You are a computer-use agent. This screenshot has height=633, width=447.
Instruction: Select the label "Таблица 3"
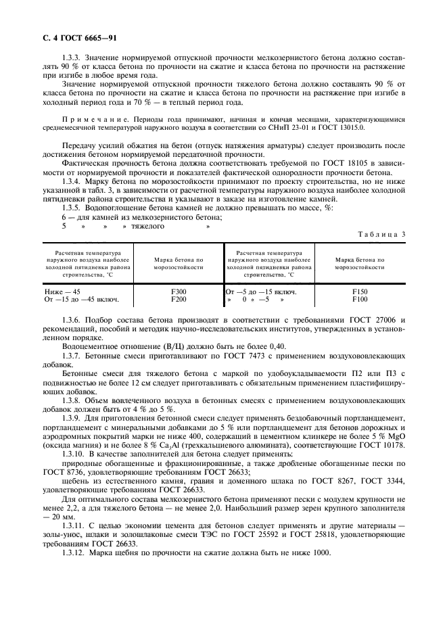click(381, 233)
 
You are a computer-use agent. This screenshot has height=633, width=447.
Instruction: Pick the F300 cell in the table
click(179, 291)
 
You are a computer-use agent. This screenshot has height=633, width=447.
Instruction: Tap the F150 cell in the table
click(359, 291)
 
